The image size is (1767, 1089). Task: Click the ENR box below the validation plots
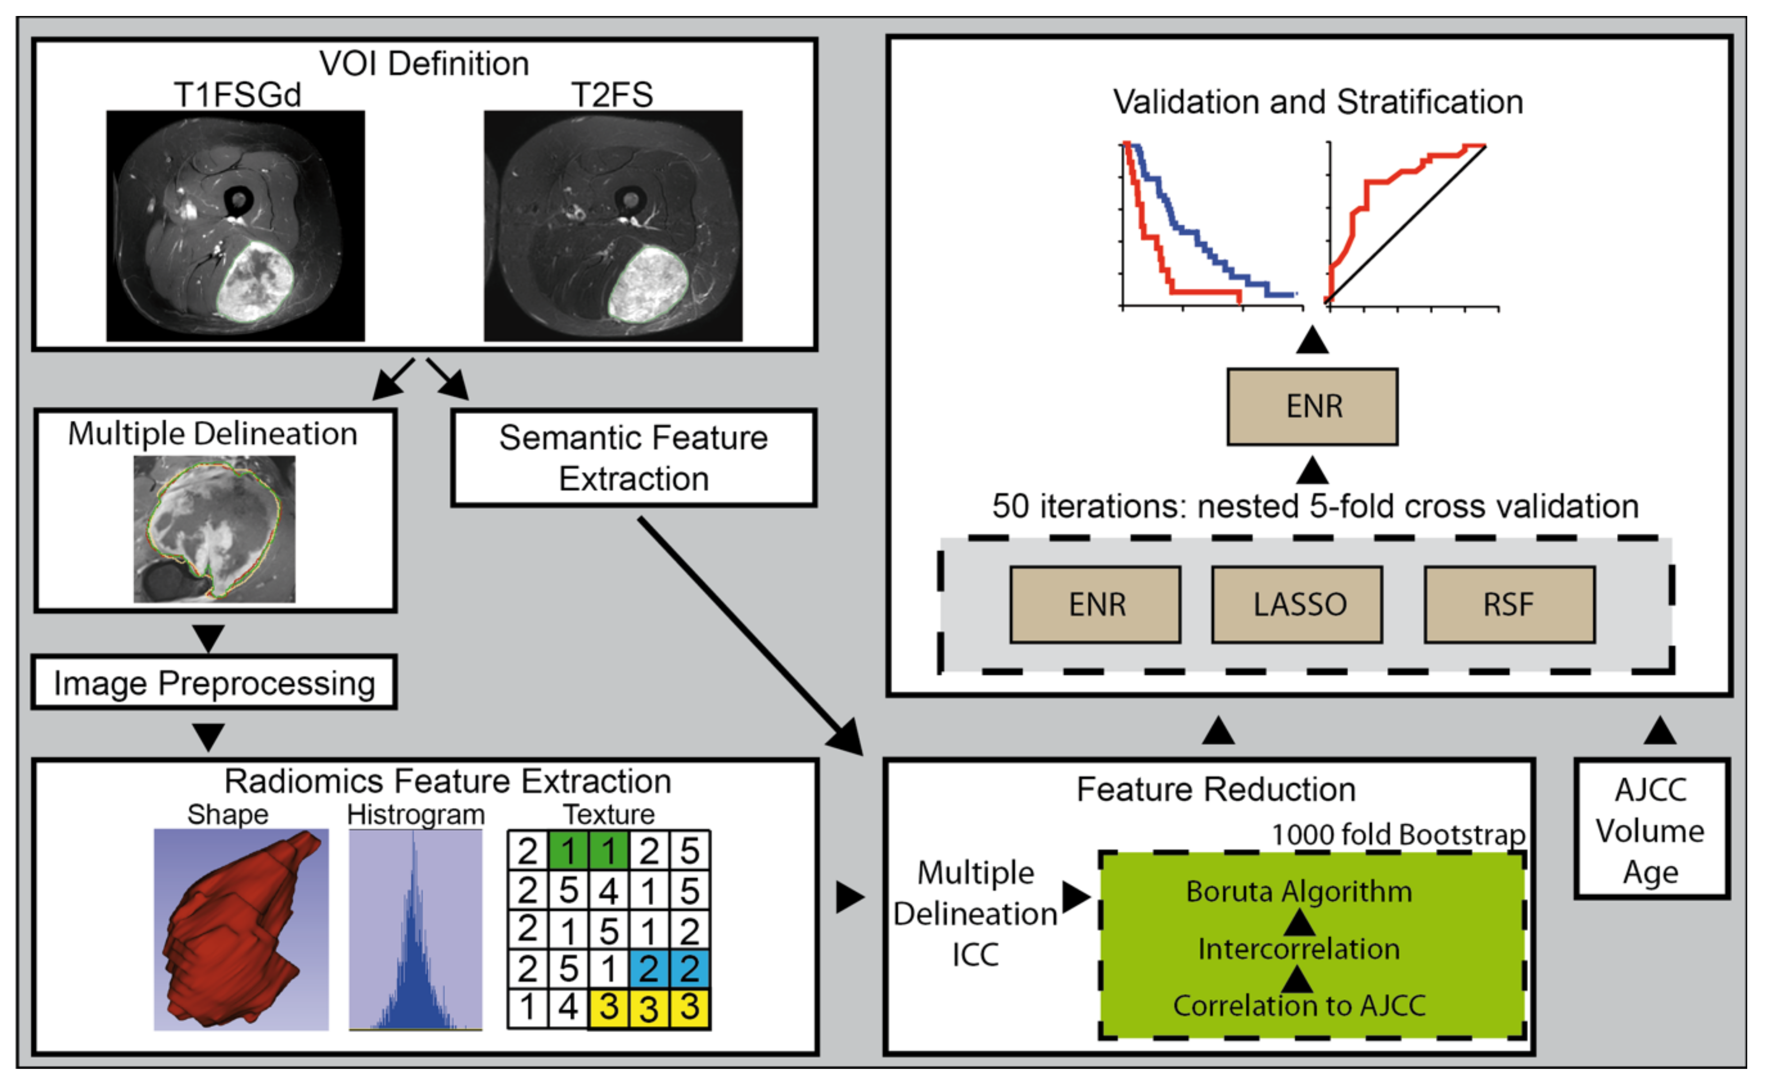click(x=1313, y=407)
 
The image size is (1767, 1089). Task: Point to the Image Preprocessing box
click(x=214, y=683)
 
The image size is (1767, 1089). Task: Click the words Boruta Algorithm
click(x=1298, y=892)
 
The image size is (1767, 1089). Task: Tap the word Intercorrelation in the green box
click(x=1298, y=949)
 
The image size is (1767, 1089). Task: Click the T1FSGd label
click(x=237, y=95)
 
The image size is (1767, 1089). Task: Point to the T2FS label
click(x=612, y=95)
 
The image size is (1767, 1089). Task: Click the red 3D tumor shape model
click(x=238, y=929)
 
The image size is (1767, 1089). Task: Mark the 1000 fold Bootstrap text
click(x=1398, y=835)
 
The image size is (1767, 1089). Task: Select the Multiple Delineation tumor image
click(x=214, y=529)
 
